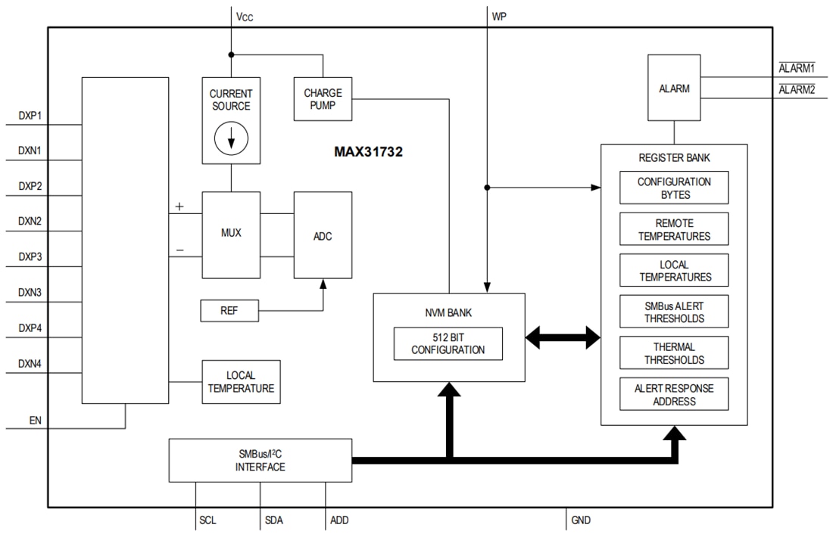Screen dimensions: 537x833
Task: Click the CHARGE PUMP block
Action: pos(323,99)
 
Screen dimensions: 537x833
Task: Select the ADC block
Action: pos(323,235)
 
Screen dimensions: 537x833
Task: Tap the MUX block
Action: pos(231,234)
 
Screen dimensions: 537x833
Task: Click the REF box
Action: pos(229,310)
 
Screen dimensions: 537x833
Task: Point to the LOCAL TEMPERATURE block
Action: pos(240,382)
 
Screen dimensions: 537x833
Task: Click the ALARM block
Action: pos(674,88)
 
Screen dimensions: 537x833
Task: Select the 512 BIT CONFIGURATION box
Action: pos(448,344)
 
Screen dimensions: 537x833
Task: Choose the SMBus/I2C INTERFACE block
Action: pos(260,461)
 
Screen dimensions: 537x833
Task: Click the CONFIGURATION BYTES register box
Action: pos(674,188)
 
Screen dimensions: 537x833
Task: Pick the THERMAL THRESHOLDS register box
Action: pos(674,354)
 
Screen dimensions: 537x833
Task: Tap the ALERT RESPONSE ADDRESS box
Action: pos(674,395)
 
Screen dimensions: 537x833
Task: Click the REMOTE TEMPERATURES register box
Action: pos(674,230)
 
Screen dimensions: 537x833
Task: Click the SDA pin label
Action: pos(274,520)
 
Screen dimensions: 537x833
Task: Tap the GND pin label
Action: pos(581,520)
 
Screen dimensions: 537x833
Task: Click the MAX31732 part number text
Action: pos(369,151)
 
